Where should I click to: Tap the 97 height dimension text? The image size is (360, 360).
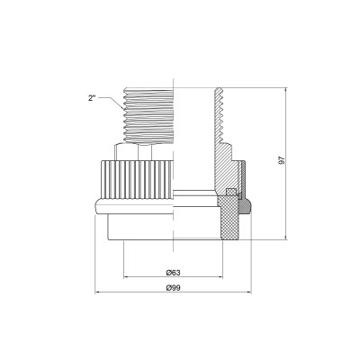tap(281, 158)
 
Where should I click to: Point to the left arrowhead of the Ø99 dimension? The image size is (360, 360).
tap(97, 293)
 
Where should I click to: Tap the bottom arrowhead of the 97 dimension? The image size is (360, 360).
tap(287, 238)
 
